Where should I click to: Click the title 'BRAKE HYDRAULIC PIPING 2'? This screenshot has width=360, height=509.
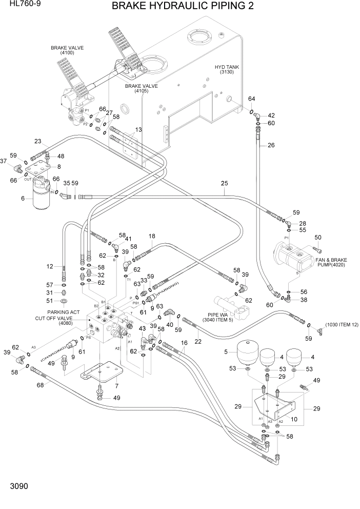pyautogui.click(x=183, y=6)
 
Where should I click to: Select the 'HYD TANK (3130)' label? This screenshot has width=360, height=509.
pyautogui.click(x=227, y=70)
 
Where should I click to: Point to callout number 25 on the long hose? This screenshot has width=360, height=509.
pyautogui.click(x=224, y=183)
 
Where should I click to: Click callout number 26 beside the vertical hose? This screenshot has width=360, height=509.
pyautogui.click(x=271, y=145)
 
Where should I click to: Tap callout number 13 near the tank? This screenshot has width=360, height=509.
pyautogui.click(x=138, y=130)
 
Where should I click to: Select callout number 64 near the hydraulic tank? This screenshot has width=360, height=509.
pyautogui.click(x=251, y=99)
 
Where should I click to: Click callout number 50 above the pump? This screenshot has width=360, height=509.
pyautogui.click(x=317, y=237)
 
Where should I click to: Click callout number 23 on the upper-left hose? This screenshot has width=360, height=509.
pyautogui.click(x=37, y=142)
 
